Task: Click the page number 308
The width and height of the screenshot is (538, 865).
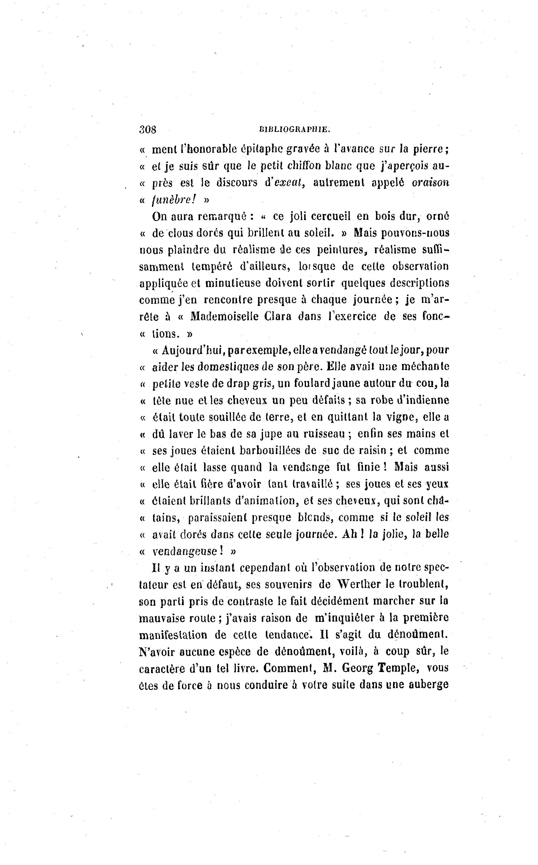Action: (x=148, y=129)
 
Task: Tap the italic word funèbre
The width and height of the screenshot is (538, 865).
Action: (x=174, y=200)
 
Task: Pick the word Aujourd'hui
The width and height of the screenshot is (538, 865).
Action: (x=192, y=350)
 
